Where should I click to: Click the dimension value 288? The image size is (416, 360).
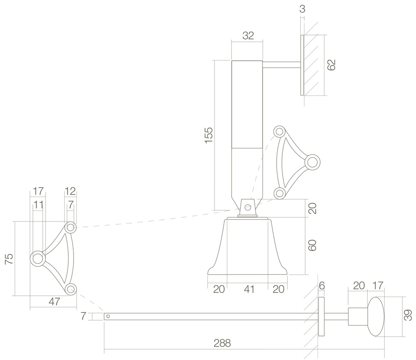pos(222,343)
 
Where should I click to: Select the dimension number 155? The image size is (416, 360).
pos(208,135)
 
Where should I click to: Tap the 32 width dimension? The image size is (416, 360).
pos(248,35)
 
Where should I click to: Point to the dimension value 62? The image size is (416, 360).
pos(332,65)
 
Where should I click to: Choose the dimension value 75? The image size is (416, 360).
pos(9,259)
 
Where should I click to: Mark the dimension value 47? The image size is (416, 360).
pos(54,301)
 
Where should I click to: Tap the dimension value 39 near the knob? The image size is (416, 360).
pos(408,315)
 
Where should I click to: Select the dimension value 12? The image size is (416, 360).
pos(70,191)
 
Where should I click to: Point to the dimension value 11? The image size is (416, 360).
pos(38,205)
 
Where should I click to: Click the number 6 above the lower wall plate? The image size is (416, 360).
pos(322,286)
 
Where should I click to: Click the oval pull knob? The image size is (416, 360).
pos(376,317)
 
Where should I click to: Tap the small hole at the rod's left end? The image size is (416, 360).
pos(108,316)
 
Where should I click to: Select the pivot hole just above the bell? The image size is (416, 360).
pos(247,207)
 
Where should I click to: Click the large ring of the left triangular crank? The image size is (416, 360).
pos(38,258)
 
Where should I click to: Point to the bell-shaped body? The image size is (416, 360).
pos(248,248)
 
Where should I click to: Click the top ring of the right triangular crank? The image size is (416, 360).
pos(279,132)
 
